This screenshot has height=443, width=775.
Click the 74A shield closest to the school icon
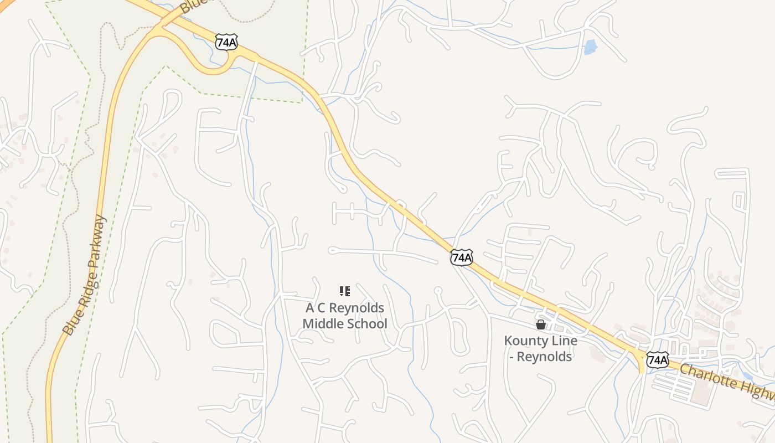(461, 257)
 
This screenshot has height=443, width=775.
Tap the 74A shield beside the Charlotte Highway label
(657, 360)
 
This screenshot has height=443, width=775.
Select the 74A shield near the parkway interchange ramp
(226, 42)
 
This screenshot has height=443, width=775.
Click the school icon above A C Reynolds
(345, 291)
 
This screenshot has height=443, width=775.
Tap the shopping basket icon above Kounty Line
(541, 324)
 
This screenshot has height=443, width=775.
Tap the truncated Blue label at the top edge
(191, 7)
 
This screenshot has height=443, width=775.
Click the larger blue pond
(591, 47)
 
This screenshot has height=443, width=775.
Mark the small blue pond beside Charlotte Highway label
(748, 376)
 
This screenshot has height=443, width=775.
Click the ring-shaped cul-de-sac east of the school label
(438, 290)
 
